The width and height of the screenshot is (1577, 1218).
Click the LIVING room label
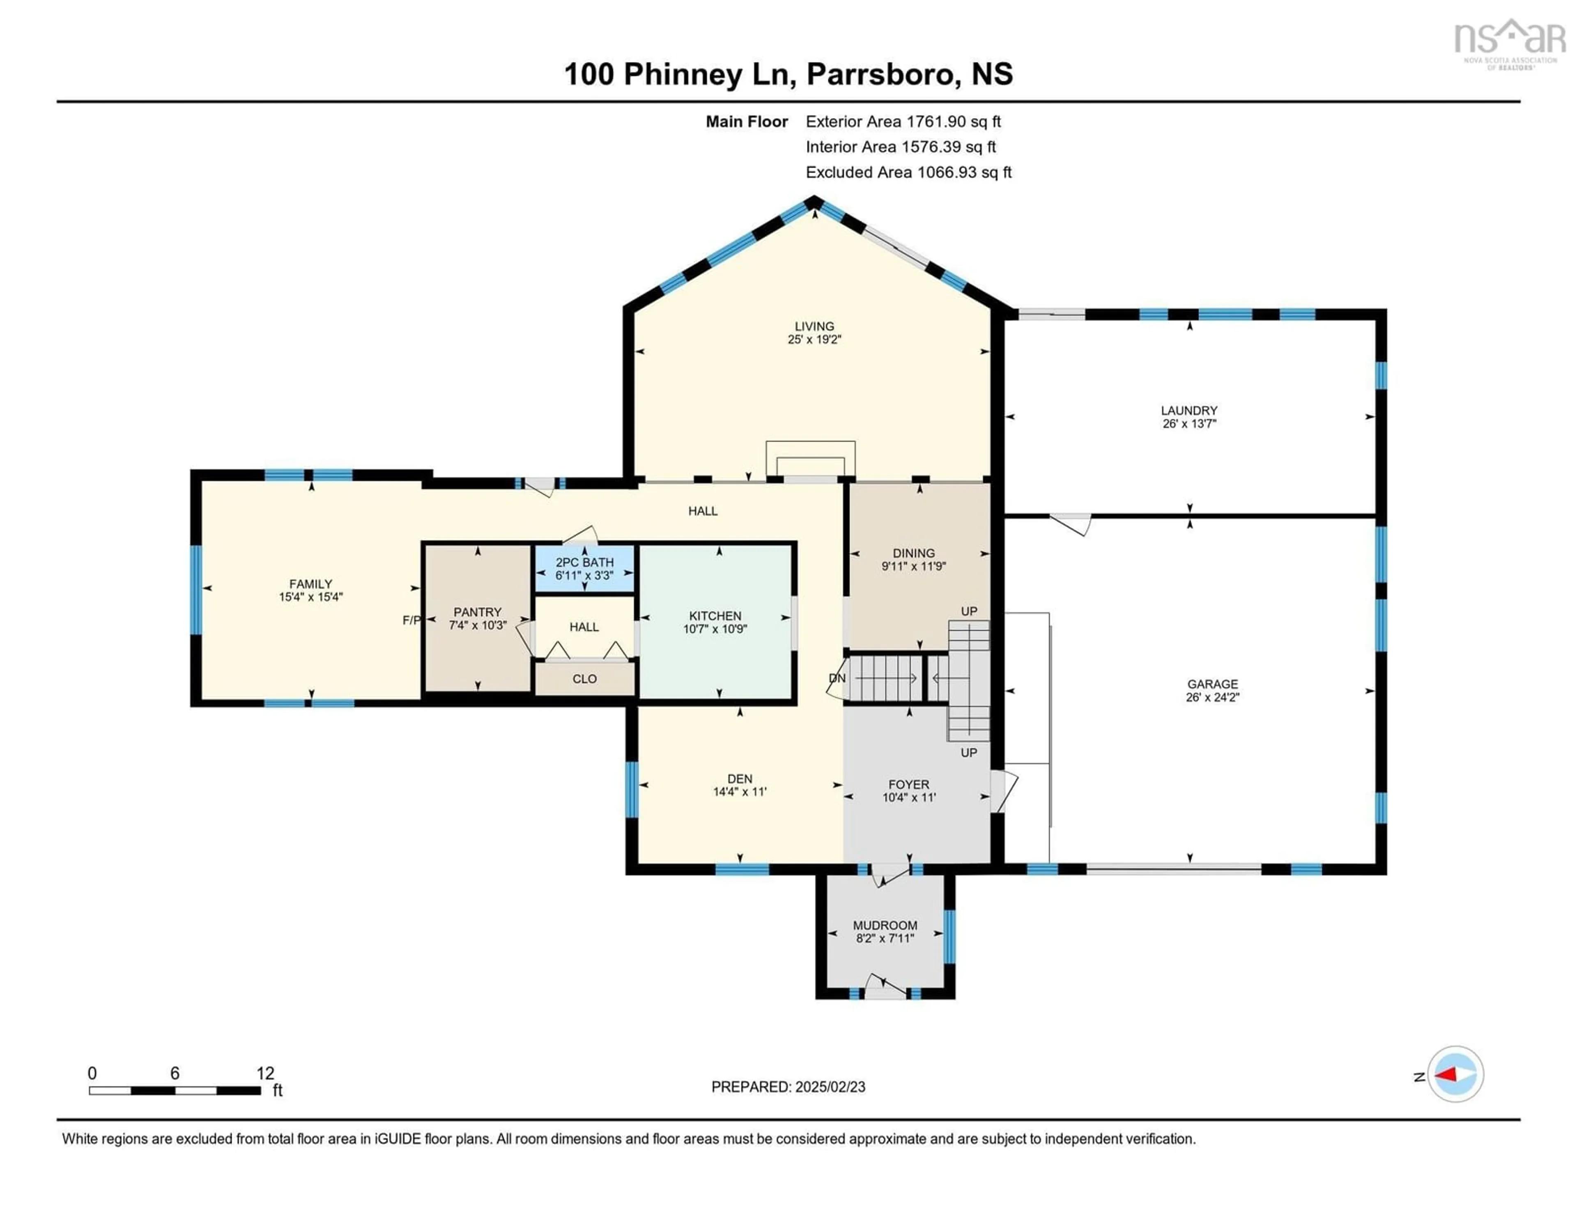pos(814,326)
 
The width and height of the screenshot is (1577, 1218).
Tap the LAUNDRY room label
pos(1189,411)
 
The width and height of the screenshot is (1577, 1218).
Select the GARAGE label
pos(1212,684)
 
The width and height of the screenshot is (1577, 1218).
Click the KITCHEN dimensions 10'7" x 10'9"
pos(715,629)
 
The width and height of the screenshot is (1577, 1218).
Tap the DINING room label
pos(913,553)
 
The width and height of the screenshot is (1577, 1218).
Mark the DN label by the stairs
pos(837,679)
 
